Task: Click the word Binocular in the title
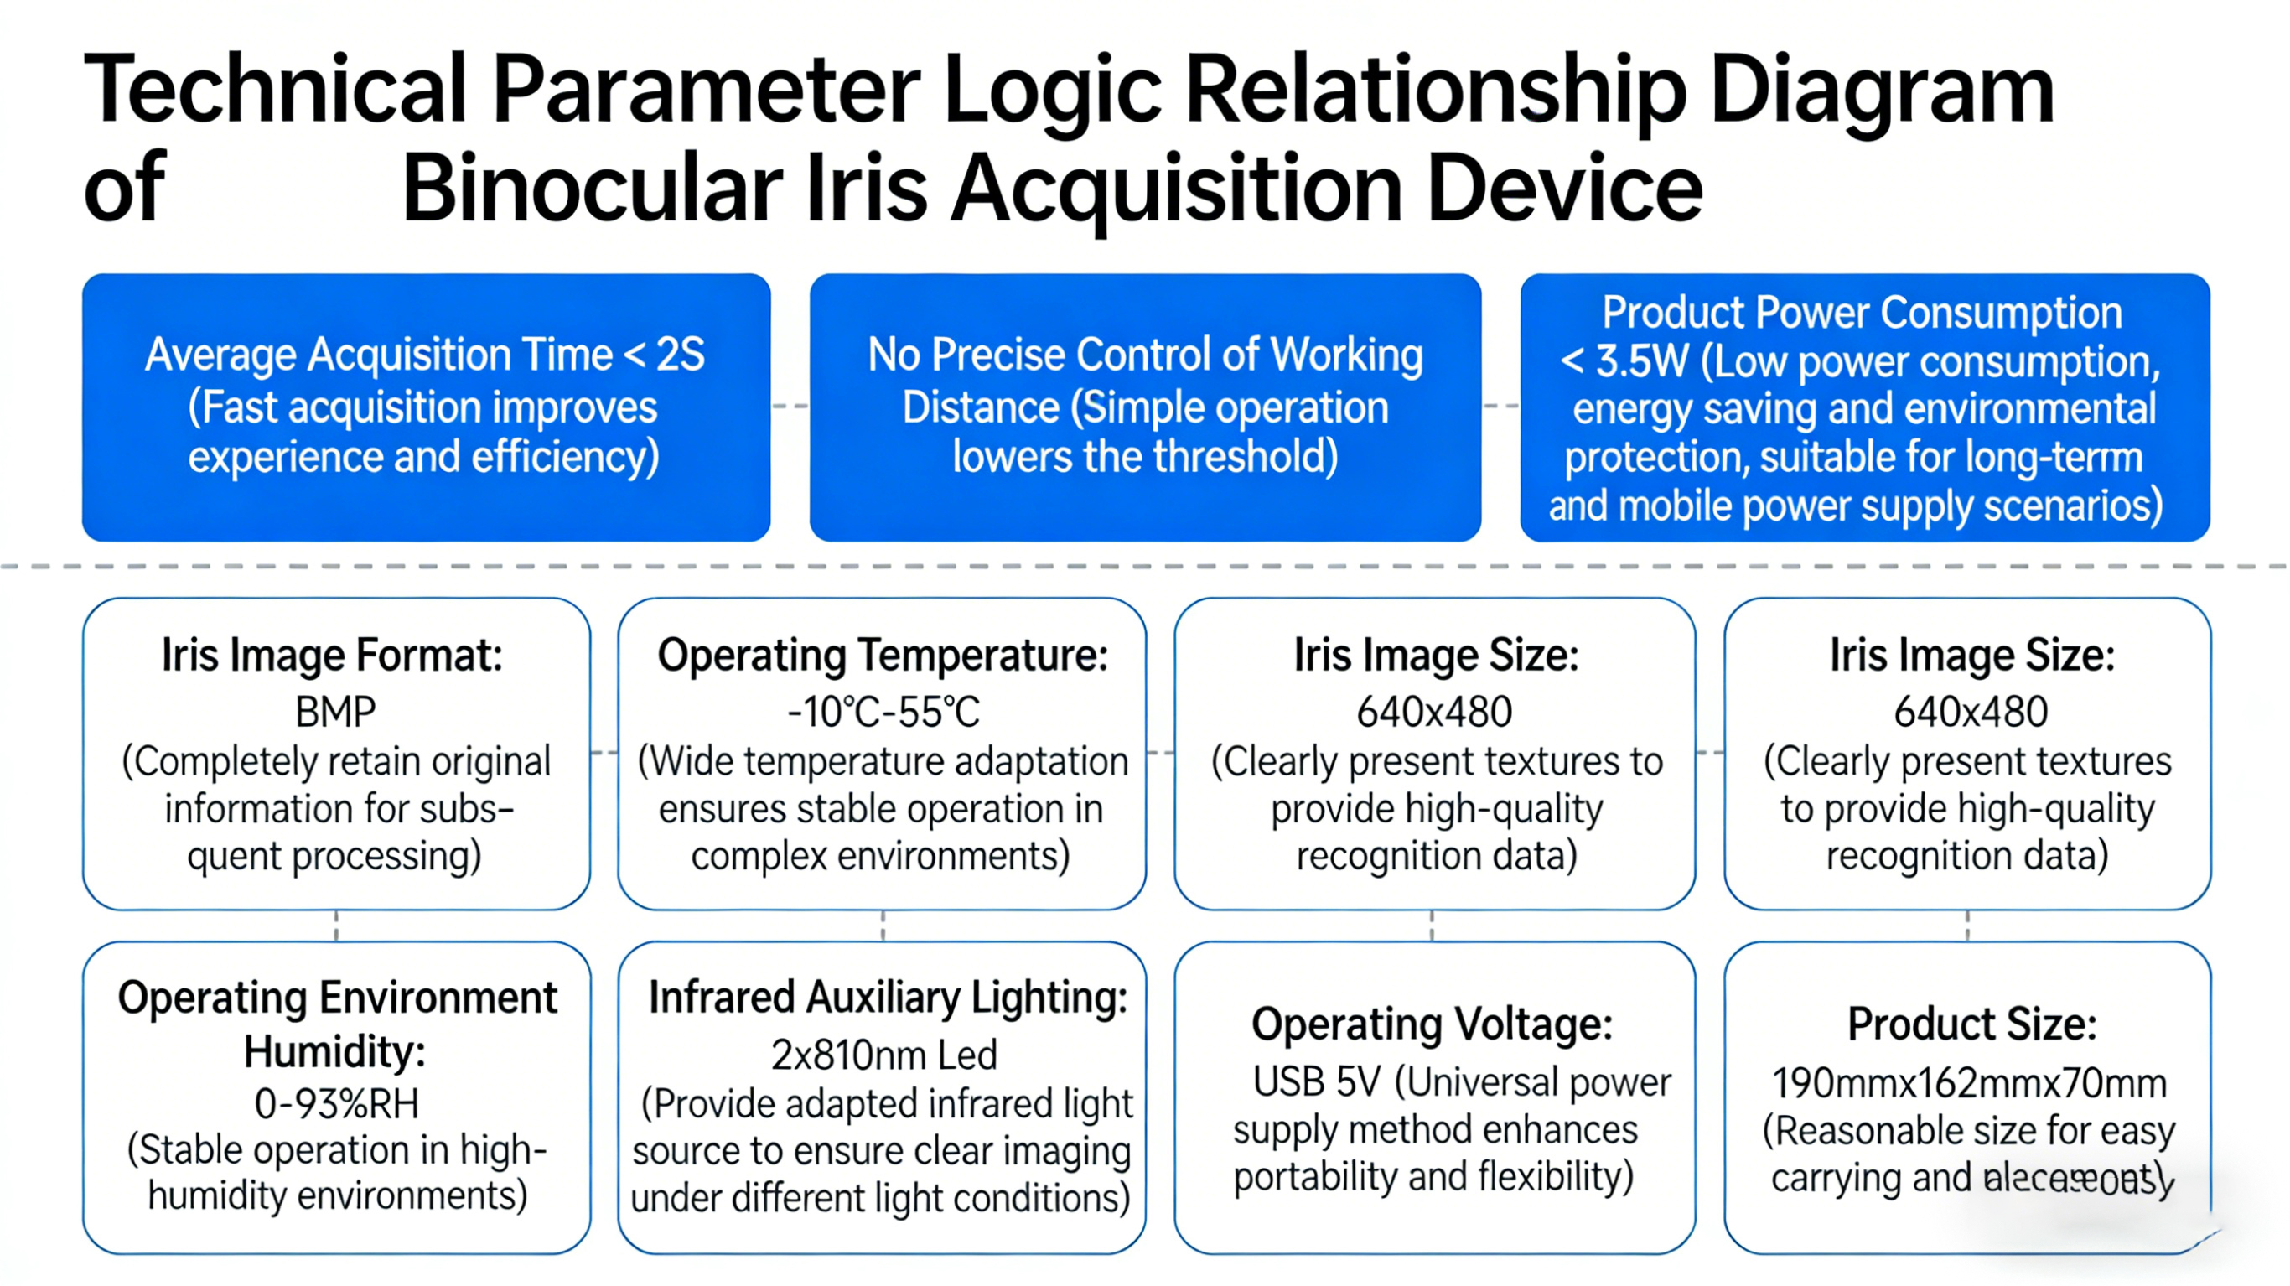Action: coord(592,189)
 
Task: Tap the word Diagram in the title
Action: coord(1882,89)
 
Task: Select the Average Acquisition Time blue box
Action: coord(426,407)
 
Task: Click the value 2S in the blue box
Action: coord(680,355)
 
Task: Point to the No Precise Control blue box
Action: coord(1145,407)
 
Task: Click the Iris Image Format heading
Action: coord(333,656)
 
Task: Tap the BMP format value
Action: coord(335,712)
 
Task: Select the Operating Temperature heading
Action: coord(882,656)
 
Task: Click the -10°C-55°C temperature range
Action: coord(883,712)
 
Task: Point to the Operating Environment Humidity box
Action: coord(336,1097)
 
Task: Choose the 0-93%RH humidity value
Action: coord(336,1104)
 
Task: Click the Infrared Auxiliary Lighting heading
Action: coord(887,997)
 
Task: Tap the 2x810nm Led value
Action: coord(883,1055)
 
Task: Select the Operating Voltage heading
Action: coord(1433,1024)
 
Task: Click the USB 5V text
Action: coord(1317,1082)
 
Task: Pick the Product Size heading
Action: coord(1971,1024)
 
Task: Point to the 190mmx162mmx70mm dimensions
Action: coord(1969,1083)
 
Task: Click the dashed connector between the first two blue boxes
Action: coord(790,407)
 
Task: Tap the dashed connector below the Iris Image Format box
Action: coord(336,926)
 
